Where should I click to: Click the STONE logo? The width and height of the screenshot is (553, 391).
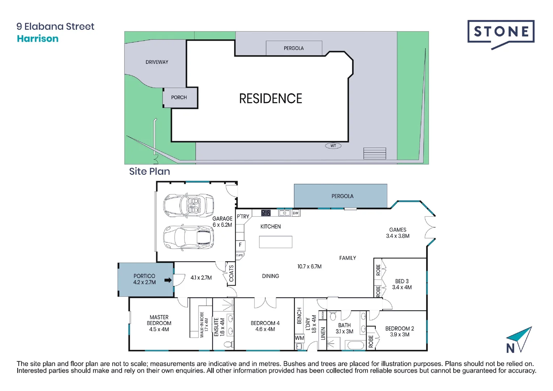501,33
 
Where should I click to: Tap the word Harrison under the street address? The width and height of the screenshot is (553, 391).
38,39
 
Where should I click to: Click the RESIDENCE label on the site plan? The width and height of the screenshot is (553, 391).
271,98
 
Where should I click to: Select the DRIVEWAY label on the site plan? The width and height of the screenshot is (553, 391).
157,62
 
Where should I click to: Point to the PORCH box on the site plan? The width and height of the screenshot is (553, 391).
179,97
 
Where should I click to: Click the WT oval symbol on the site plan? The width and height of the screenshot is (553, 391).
333,146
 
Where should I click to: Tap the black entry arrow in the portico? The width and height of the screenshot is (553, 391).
168,280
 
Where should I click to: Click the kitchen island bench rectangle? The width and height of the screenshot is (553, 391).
275,242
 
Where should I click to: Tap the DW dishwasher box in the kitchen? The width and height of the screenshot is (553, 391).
295,213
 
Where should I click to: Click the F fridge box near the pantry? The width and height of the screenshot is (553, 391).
240,245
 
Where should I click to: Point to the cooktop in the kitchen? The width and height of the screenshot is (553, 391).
266,213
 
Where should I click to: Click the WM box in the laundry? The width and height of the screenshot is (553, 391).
299,338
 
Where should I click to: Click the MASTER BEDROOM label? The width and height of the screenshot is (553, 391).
159,323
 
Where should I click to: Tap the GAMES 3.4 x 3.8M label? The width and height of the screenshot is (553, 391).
397,233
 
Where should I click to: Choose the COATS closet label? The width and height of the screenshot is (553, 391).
231,274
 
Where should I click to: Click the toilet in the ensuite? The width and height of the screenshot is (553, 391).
228,344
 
